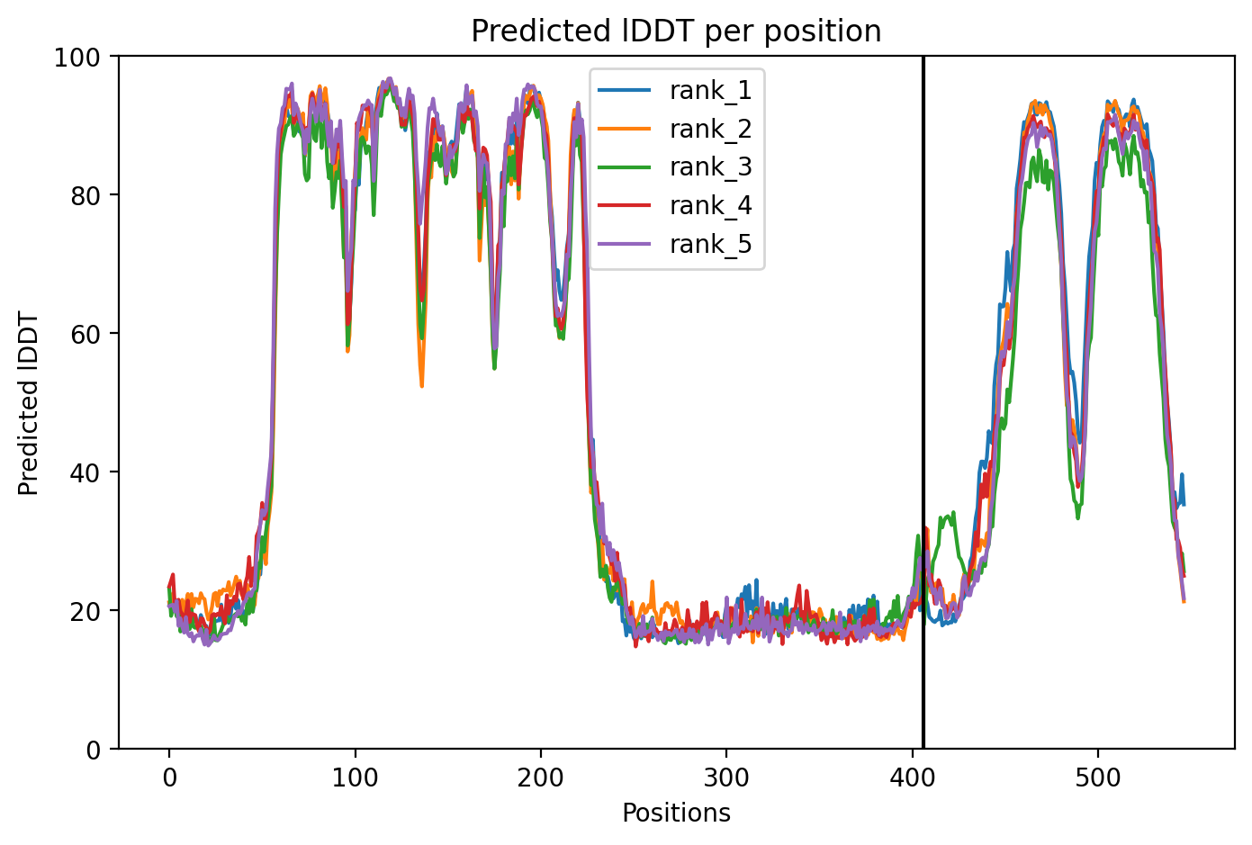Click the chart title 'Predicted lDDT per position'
tap(676, 31)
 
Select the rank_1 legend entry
tap(676, 90)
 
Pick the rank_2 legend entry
tap(676, 129)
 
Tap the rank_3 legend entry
tap(676, 167)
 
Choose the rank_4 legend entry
tap(676, 206)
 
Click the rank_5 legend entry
tap(676, 244)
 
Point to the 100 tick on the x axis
tap(355, 778)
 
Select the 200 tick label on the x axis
tap(540, 778)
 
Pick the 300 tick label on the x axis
tap(726, 778)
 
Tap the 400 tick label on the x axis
tap(912, 778)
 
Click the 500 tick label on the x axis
tap(1098, 778)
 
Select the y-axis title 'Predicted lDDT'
tap(28, 402)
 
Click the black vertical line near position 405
tap(923, 402)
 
